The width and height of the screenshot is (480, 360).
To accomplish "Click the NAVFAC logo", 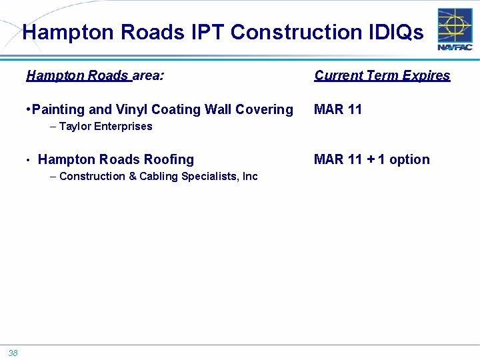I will point(455,29).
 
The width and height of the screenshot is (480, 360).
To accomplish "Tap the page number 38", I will point(13,353).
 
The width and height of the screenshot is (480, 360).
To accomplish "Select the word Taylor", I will point(75,126).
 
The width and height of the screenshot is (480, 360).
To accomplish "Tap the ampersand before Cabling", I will point(132,176).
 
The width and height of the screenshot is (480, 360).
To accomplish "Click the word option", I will point(409,159).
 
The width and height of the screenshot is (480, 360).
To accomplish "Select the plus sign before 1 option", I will point(370,159).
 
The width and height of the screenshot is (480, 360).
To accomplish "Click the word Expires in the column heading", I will point(426,75).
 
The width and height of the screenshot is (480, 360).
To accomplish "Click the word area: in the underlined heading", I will point(149,75).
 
